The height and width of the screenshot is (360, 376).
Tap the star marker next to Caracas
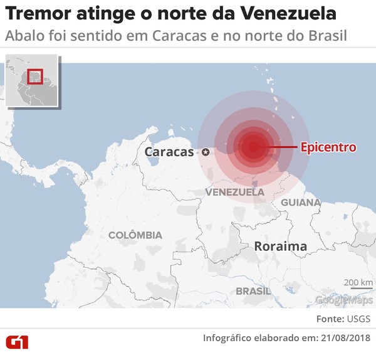click(206, 151)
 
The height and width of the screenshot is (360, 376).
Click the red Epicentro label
click(328, 147)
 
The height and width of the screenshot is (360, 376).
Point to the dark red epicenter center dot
click(253, 147)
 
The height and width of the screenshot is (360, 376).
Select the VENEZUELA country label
click(234, 191)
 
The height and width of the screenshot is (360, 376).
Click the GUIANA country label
click(301, 203)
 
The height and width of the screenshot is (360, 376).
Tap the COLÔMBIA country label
click(135, 235)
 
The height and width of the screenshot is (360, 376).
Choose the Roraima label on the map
click(280, 246)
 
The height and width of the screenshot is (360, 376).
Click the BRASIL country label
click(254, 291)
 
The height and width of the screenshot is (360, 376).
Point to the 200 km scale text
click(358, 281)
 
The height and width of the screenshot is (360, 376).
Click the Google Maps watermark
click(343, 300)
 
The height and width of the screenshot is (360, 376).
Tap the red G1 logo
click(17, 342)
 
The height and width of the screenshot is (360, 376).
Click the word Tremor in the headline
click(35, 13)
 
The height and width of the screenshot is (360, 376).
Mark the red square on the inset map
click(34, 77)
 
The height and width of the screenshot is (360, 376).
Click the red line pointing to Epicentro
click(279, 147)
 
